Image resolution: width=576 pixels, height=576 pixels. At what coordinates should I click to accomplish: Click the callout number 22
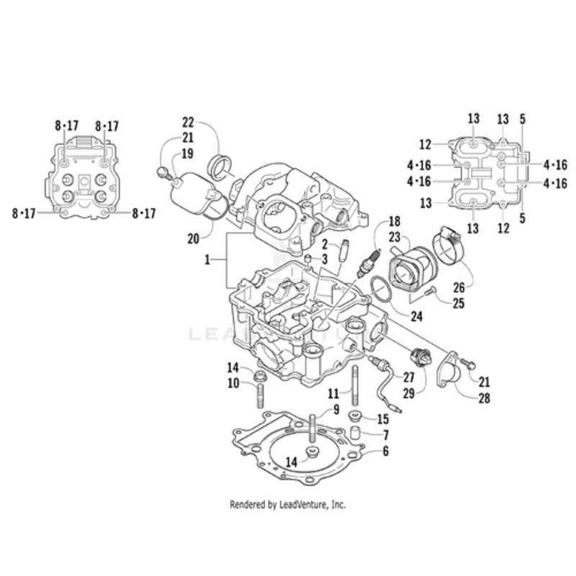point(189,122)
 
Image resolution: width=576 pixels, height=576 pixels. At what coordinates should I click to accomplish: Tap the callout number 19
point(187,153)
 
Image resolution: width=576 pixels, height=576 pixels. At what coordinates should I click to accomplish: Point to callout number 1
point(207,260)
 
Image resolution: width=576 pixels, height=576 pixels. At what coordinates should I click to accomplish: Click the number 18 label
point(394,220)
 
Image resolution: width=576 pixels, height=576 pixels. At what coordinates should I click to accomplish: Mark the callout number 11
point(333,394)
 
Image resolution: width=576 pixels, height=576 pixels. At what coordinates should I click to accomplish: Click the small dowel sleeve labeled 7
point(355,434)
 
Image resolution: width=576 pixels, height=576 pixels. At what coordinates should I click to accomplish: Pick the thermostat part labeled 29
point(418,355)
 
